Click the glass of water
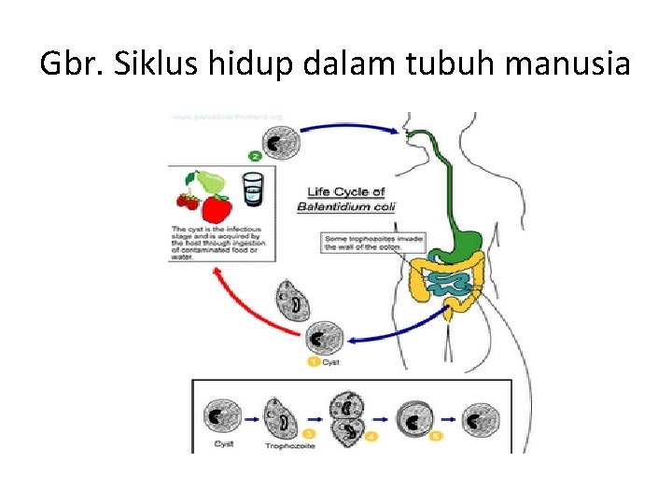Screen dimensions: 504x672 [x=253, y=189]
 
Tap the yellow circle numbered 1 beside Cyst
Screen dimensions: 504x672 [x=314, y=361]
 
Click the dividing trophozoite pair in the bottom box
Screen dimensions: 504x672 [x=349, y=417]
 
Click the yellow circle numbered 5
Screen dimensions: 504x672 [x=437, y=436]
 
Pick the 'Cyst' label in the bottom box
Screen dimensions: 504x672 [x=225, y=444]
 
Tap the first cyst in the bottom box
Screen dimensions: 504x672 [x=225, y=416]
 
